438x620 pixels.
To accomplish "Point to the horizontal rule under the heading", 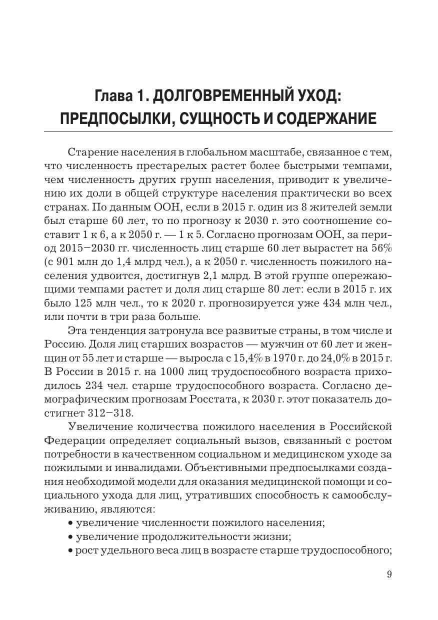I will [x=218, y=131].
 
